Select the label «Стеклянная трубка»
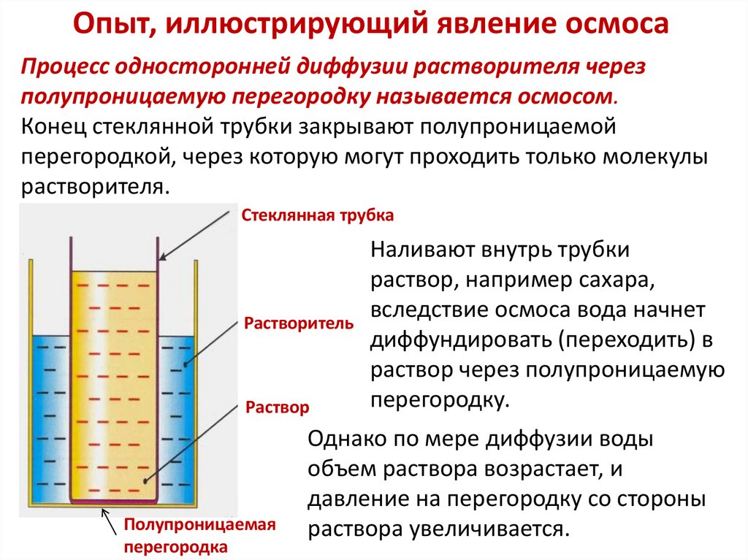click(x=318, y=216)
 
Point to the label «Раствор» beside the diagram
click(x=277, y=407)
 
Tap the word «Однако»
click(x=348, y=440)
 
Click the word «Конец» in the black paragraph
click(x=54, y=126)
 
